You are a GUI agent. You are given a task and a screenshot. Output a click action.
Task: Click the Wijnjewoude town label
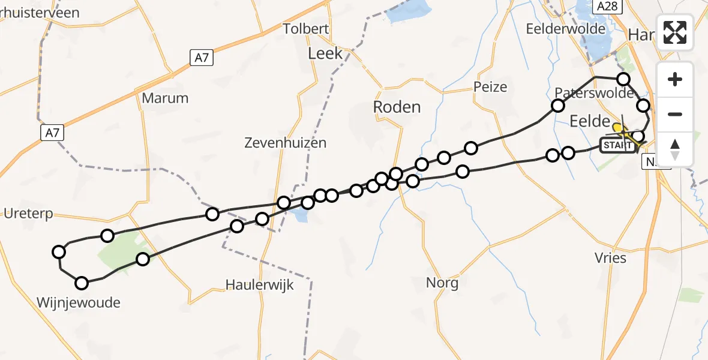coord(79,302)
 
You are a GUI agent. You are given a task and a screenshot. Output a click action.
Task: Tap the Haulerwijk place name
coord(260,284)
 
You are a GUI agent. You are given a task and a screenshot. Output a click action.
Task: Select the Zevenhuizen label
coord(286,143)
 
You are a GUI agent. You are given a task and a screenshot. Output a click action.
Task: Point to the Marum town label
coord(166,98)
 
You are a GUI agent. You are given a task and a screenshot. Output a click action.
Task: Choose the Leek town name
coord(325,53)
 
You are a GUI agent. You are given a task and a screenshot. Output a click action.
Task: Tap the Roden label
coord(397,107)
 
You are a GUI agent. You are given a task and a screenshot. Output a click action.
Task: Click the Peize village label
coord(490,87)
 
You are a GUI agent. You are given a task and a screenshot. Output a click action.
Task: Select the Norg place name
coord(442,283)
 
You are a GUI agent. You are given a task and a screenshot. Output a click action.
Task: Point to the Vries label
coord(611,258)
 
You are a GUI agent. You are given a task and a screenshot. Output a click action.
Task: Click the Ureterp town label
coord(28,213)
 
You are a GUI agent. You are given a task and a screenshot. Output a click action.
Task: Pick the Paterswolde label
coord(594,93)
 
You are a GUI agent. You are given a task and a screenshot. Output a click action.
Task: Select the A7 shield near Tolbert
coord(202,58)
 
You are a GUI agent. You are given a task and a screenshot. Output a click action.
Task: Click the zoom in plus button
coord(675,80)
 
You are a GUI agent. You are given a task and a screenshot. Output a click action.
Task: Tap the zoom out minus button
coord(675,114)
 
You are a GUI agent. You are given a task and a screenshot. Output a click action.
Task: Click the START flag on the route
coord(617,145)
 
